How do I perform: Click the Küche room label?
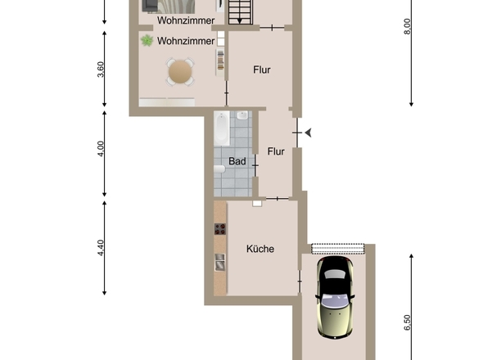point(260,249)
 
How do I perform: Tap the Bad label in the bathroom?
point(237,161)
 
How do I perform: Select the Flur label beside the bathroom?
point(276,151)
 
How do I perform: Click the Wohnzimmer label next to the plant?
point(186,40)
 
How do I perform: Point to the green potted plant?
point(147,40)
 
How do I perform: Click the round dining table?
point(181,72)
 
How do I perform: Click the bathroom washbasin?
point(243,118)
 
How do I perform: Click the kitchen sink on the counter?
point(219,262)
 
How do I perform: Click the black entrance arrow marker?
point(308,132)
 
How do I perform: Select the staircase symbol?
point(240,12)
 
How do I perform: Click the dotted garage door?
point(337,247)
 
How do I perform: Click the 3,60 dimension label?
point(101,70)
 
